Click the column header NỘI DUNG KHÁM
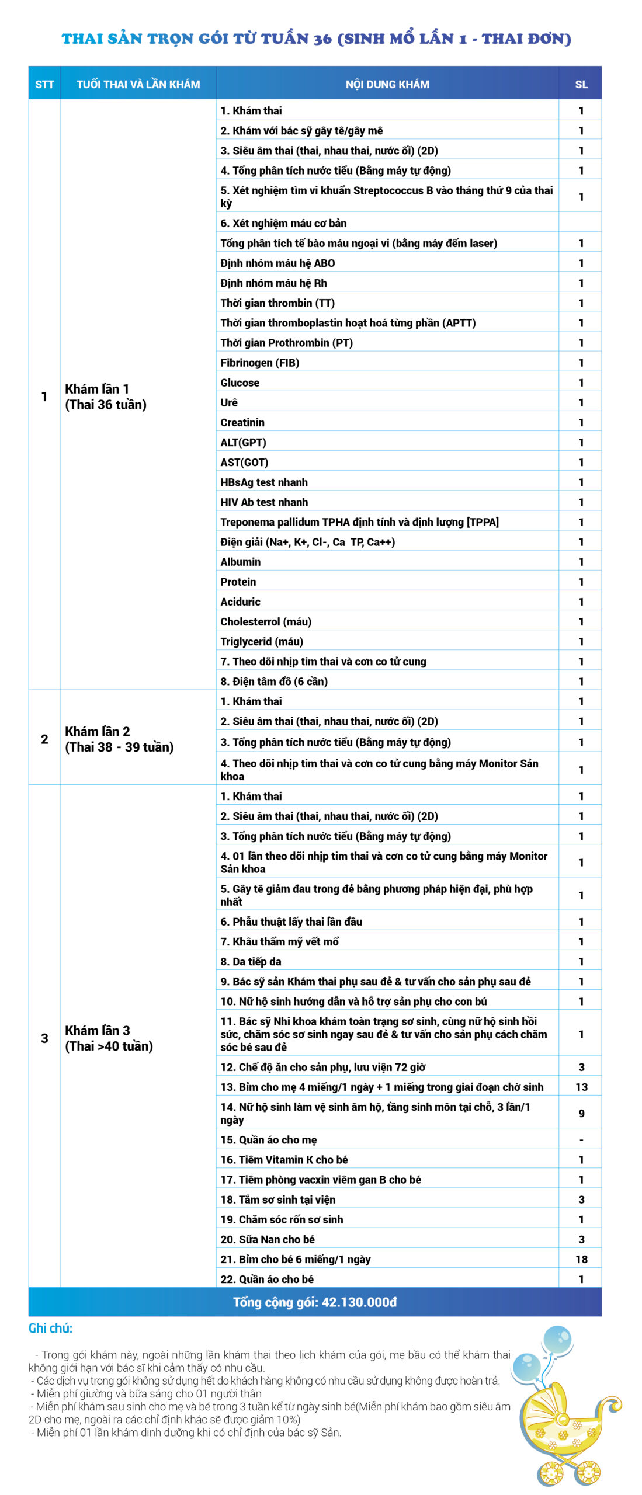[x=387, y=84]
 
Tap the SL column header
[x=581, y=84]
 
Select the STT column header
[x=44, y=84]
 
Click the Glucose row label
[x=240, y=383]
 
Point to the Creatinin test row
[x=242, y=422]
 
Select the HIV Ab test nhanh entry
[x=264, y=502]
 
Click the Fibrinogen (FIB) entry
[x=260, y=363]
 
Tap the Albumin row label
[x=241, y=562]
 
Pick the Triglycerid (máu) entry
[x=262, y=641]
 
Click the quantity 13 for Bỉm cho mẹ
[x=581, y=1087]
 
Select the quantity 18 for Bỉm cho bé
[x=581, y=1259]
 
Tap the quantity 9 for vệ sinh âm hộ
[x=581, y=1113]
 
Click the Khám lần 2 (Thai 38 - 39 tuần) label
[x=119, y=739]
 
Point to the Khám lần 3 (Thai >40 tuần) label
[x=109, y=1038]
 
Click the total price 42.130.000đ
[x=359, y=1302]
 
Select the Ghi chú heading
[x=51, y=1329]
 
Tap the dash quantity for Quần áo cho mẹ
[x=581, y=1140]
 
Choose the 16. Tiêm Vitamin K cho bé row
[x=284, y=1160]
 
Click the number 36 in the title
[x=322, y=39]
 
